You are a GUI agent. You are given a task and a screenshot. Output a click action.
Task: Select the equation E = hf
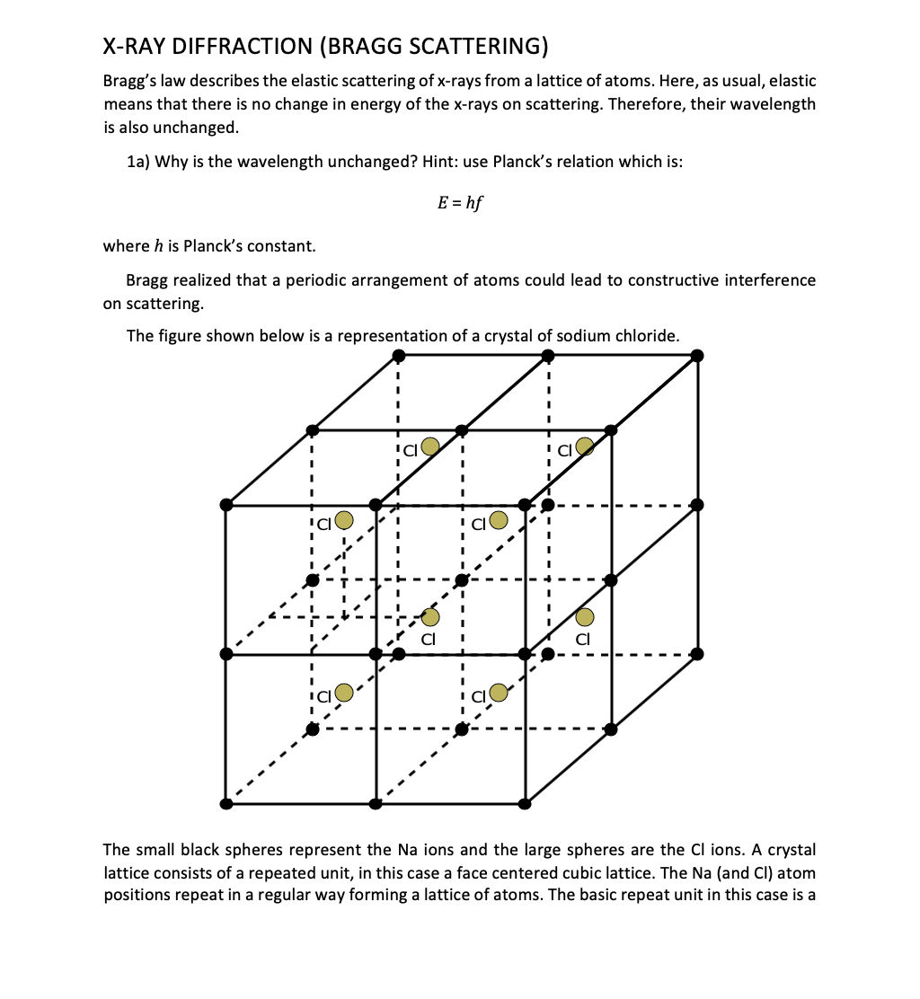(459, 203)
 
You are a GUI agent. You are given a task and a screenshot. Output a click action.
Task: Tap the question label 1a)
(138, 162)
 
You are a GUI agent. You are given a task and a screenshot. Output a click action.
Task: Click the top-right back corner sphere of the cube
(698, 357)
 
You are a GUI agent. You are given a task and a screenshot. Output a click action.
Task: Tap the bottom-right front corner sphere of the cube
(526, 802)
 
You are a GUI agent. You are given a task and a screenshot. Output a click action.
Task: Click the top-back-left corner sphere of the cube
(398, 357)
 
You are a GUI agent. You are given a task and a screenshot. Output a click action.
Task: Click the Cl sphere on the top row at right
(585, 446)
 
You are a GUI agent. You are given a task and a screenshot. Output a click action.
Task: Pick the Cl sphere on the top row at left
(430, 446)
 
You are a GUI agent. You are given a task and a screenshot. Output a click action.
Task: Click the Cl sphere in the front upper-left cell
(343, 520)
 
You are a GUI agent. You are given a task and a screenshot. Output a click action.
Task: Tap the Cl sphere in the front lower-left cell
(343, 693)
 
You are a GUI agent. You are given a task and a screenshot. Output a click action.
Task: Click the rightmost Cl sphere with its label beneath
(585, 616)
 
